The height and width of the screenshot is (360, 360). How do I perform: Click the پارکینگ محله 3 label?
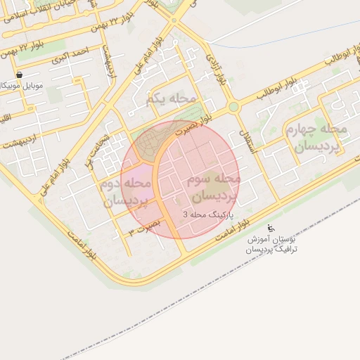coord(209,214)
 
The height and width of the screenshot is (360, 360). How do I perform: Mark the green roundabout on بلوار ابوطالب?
coord(233,107)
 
